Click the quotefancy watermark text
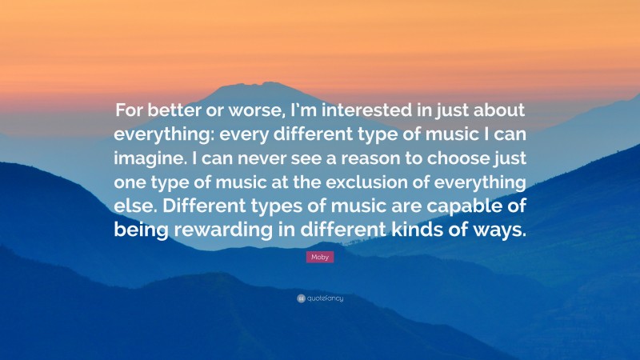click(x=323, y=298)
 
